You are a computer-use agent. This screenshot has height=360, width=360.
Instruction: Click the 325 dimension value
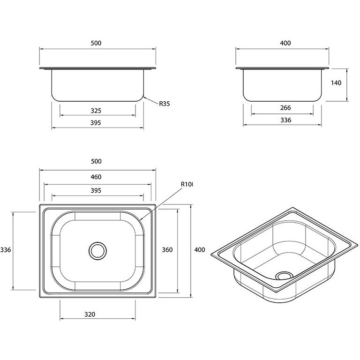coord(96,111)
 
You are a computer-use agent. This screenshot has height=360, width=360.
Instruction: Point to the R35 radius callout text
coord(164,104)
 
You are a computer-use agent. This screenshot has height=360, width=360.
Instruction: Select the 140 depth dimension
coord(336,82)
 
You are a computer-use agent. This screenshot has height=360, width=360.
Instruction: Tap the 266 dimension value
coord(285,108)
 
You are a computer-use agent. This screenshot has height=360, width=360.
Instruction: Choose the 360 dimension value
coord(167,250)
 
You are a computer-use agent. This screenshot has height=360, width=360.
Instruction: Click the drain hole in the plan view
coord(98,250)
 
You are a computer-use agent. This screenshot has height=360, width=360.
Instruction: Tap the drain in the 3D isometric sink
coord(283,276)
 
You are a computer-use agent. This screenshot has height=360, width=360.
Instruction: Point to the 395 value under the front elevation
coord(96,123)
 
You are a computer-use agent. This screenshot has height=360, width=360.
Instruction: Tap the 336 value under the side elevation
coord(285,120)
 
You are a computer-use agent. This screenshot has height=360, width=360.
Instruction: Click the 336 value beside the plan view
coord(6,250)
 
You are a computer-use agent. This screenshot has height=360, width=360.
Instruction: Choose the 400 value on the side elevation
coord(285,43)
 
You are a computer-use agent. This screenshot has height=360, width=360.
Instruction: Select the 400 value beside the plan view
coord(200,250)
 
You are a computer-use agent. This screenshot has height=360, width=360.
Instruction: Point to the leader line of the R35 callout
coord(150,100)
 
